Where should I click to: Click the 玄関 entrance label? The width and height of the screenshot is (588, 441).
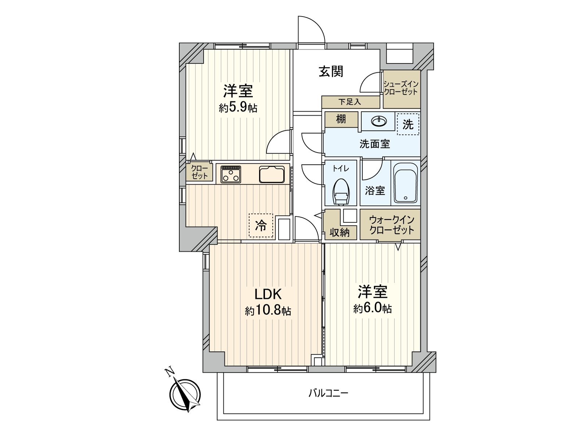[331, 71]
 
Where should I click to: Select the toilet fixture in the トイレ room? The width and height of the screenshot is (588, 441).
[341, 191]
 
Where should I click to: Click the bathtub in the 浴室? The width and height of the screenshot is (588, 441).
[405, 183]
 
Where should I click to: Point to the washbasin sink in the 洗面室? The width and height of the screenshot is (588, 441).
[379, 121]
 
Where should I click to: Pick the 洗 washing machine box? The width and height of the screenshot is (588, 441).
[408, 124]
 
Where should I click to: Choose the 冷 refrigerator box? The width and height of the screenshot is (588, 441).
[261, 225]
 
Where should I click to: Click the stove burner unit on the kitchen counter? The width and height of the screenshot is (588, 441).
[231, 174]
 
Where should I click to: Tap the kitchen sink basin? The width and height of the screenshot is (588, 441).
[272, 174]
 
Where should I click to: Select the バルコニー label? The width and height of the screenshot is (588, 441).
[328, 393]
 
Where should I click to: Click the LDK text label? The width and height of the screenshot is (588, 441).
[268, 294]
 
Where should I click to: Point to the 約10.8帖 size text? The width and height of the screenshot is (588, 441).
[268, 311]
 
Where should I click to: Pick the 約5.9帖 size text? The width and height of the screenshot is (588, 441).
[238, 108]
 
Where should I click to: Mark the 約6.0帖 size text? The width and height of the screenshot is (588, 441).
[372, 308]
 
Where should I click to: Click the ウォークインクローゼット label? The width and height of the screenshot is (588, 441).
[391, 225]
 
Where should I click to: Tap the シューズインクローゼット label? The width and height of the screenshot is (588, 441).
[401, 88]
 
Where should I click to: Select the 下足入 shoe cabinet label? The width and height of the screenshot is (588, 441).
[349, 102]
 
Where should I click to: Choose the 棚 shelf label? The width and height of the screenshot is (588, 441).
[341, 119]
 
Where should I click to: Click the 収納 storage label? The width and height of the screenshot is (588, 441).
[339, 232]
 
